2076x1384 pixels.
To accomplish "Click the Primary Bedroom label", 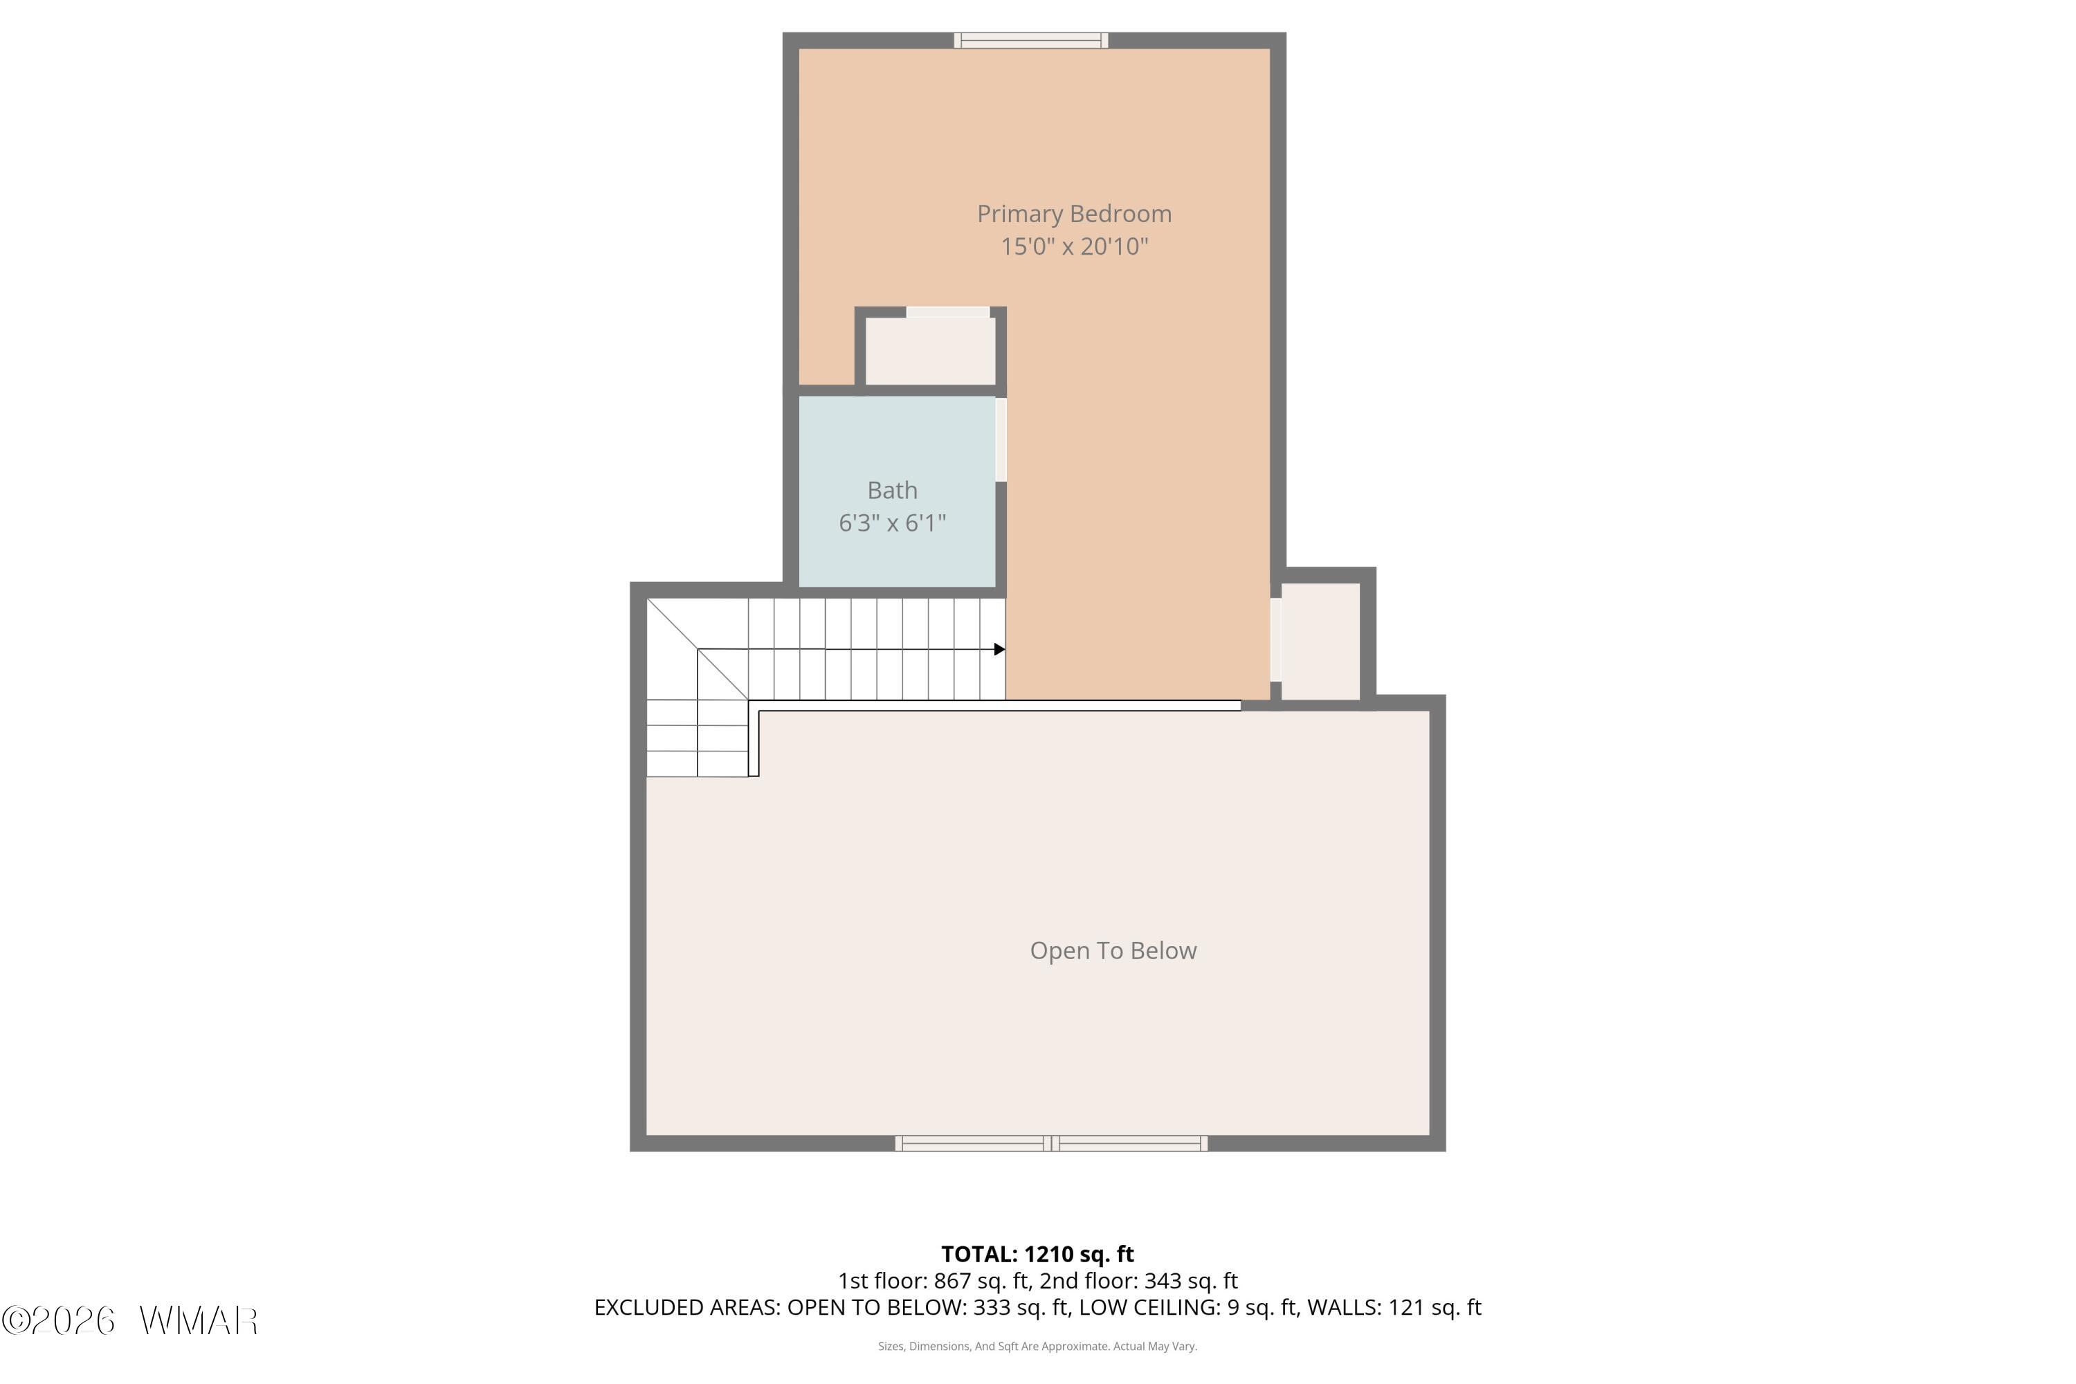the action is click(x=1073, y=215).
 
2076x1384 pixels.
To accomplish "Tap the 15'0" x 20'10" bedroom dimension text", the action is click(x=1073, y=246).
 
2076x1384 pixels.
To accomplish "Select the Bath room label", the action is click(x=893, y=490).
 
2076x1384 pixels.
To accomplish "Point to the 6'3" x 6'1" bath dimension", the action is click(x=893, y=523).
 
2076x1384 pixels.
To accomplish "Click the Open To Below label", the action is click(x=1113, y=951).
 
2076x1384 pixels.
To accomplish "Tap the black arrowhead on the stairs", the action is click(x=999, y=650).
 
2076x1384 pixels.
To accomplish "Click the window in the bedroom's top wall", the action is click(x=1031, y=39).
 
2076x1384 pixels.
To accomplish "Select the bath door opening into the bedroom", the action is click(x=1001, y=439).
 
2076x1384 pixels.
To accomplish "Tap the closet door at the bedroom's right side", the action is click(x=1275, y=640).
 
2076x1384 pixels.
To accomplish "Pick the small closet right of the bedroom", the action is click(x=1320, y=641).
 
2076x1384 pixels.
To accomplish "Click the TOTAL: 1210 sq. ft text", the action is click(x=1037, y=1254).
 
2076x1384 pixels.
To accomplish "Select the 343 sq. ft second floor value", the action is click(x=1191, y=1281).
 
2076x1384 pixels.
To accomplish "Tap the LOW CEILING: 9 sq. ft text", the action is click(x=1185, y=1307).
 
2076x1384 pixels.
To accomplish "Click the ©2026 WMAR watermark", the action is click(x=130, y=1320).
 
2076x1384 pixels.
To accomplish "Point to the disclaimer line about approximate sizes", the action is click(x=1037, y=1346).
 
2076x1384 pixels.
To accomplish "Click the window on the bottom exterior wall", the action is click(x=1051, y=1143).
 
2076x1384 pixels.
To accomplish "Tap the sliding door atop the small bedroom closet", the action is click(x=948, y=311).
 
